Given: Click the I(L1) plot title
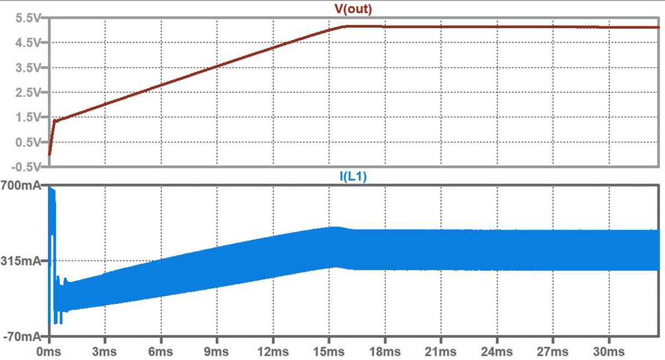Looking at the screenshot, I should [x=354, y=177].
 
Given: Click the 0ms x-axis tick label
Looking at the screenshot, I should [x=49, y=352].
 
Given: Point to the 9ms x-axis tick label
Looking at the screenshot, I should [x=217, y=352].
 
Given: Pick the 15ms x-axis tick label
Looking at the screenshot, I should [x=329, y=352].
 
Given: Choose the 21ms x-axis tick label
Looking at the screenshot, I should [x=441, y=352].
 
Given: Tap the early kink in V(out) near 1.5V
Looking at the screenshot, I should [x=54, y=121].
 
